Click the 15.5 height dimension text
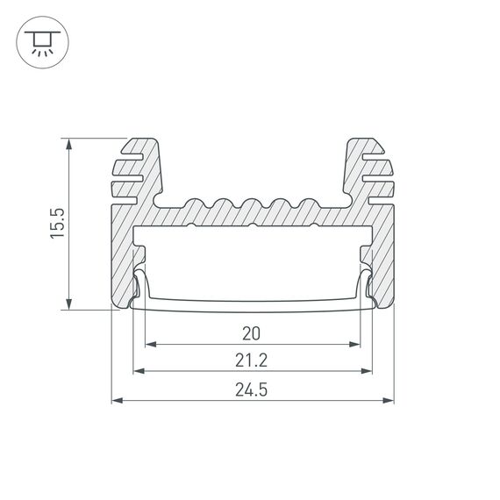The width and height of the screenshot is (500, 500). [55, 223]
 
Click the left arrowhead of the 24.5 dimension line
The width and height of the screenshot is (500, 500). [118, 401]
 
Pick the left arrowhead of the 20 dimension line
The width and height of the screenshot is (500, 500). [149, 344]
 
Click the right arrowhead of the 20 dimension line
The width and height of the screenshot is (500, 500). [356, 344]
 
